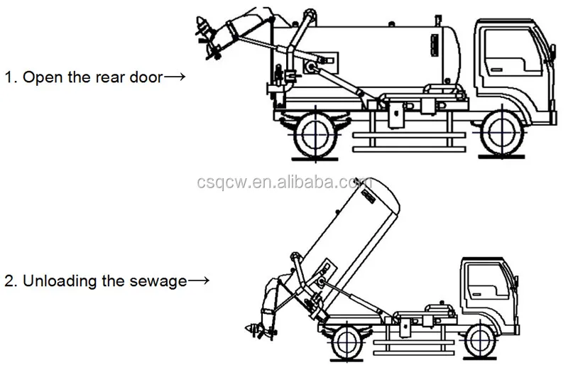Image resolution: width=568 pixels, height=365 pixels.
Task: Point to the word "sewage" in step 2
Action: pyautogui.click(x=162, y=281)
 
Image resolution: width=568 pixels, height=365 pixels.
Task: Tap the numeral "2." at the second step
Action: pyautogui.click(x=10, y=281)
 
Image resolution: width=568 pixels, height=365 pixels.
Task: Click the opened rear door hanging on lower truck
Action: pyautogui.click(x=273, y=298)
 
